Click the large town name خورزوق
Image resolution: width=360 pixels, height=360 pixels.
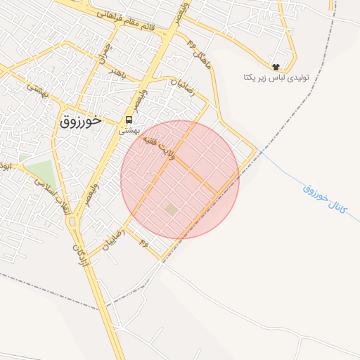pyautogui.click(x=82, y=120)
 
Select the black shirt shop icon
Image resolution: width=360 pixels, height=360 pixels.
pyautogui.click(x=276, y=65)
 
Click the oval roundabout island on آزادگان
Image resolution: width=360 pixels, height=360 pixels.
pyautogui.click(x=72, y=222)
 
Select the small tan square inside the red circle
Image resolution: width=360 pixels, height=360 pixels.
pyautogui.click(x=172, y=209)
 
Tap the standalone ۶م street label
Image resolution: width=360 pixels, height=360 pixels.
pyautogui.click(x=143, y=243)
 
